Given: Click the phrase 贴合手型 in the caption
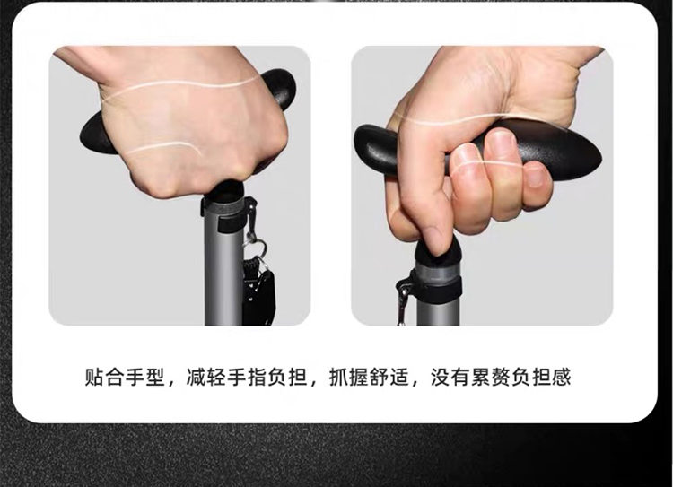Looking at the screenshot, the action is click(x=125, y=377).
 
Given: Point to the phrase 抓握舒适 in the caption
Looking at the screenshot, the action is click(x=369, y=377).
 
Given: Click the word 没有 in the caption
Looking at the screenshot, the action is click(x=450, y=377).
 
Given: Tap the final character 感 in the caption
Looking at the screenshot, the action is click(x=562, y=377).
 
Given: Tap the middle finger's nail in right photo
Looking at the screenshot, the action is click(x=465, y=159).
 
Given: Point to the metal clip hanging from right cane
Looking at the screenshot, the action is click(x=403, y=302).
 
